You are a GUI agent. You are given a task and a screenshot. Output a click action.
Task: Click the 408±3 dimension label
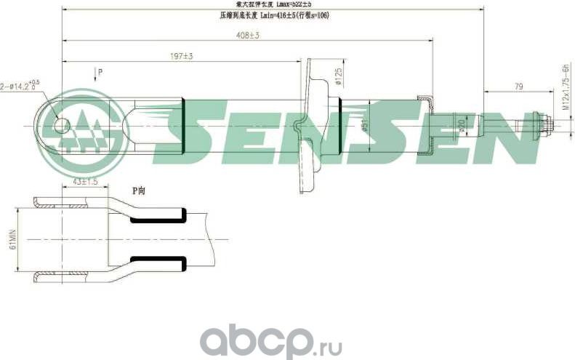coord(249,35)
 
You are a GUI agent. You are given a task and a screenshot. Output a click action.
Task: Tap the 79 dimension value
coord(519,87)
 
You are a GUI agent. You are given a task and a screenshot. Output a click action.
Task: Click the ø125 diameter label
coord(339,76)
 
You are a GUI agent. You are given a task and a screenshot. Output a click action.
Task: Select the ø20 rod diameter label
coord(461,125)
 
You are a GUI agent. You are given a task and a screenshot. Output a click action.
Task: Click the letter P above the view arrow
coord(100,71)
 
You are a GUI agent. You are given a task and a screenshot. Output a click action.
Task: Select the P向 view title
coord(139,190)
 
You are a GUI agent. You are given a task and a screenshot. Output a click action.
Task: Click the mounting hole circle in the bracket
coord(61,126)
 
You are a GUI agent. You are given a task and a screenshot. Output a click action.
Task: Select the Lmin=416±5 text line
coord(273,14)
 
